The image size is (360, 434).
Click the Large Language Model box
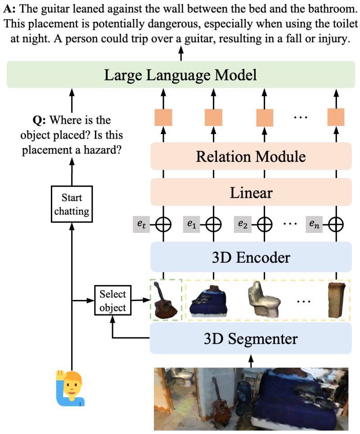pos(180,75)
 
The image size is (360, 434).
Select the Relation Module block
pos(250,157)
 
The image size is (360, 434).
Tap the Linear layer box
pos(250,192)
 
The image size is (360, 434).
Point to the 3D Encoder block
pos(250,257)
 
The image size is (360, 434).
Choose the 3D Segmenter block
pos(250,338)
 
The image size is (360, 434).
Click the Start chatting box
pos(72,204)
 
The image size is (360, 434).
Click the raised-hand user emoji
pos(70,388)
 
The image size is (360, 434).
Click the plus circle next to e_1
pos(213,223)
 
